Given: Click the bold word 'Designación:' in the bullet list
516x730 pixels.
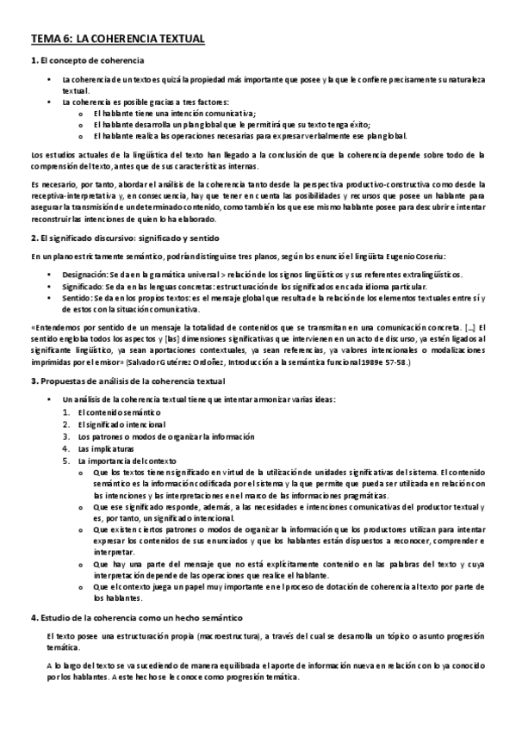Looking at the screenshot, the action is coord(84,274).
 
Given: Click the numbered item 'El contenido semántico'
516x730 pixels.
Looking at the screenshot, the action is coord(118,413).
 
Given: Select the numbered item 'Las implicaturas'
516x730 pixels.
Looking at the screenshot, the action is coord(105,449).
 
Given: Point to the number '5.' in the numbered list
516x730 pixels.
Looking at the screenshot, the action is coord(66,461).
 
